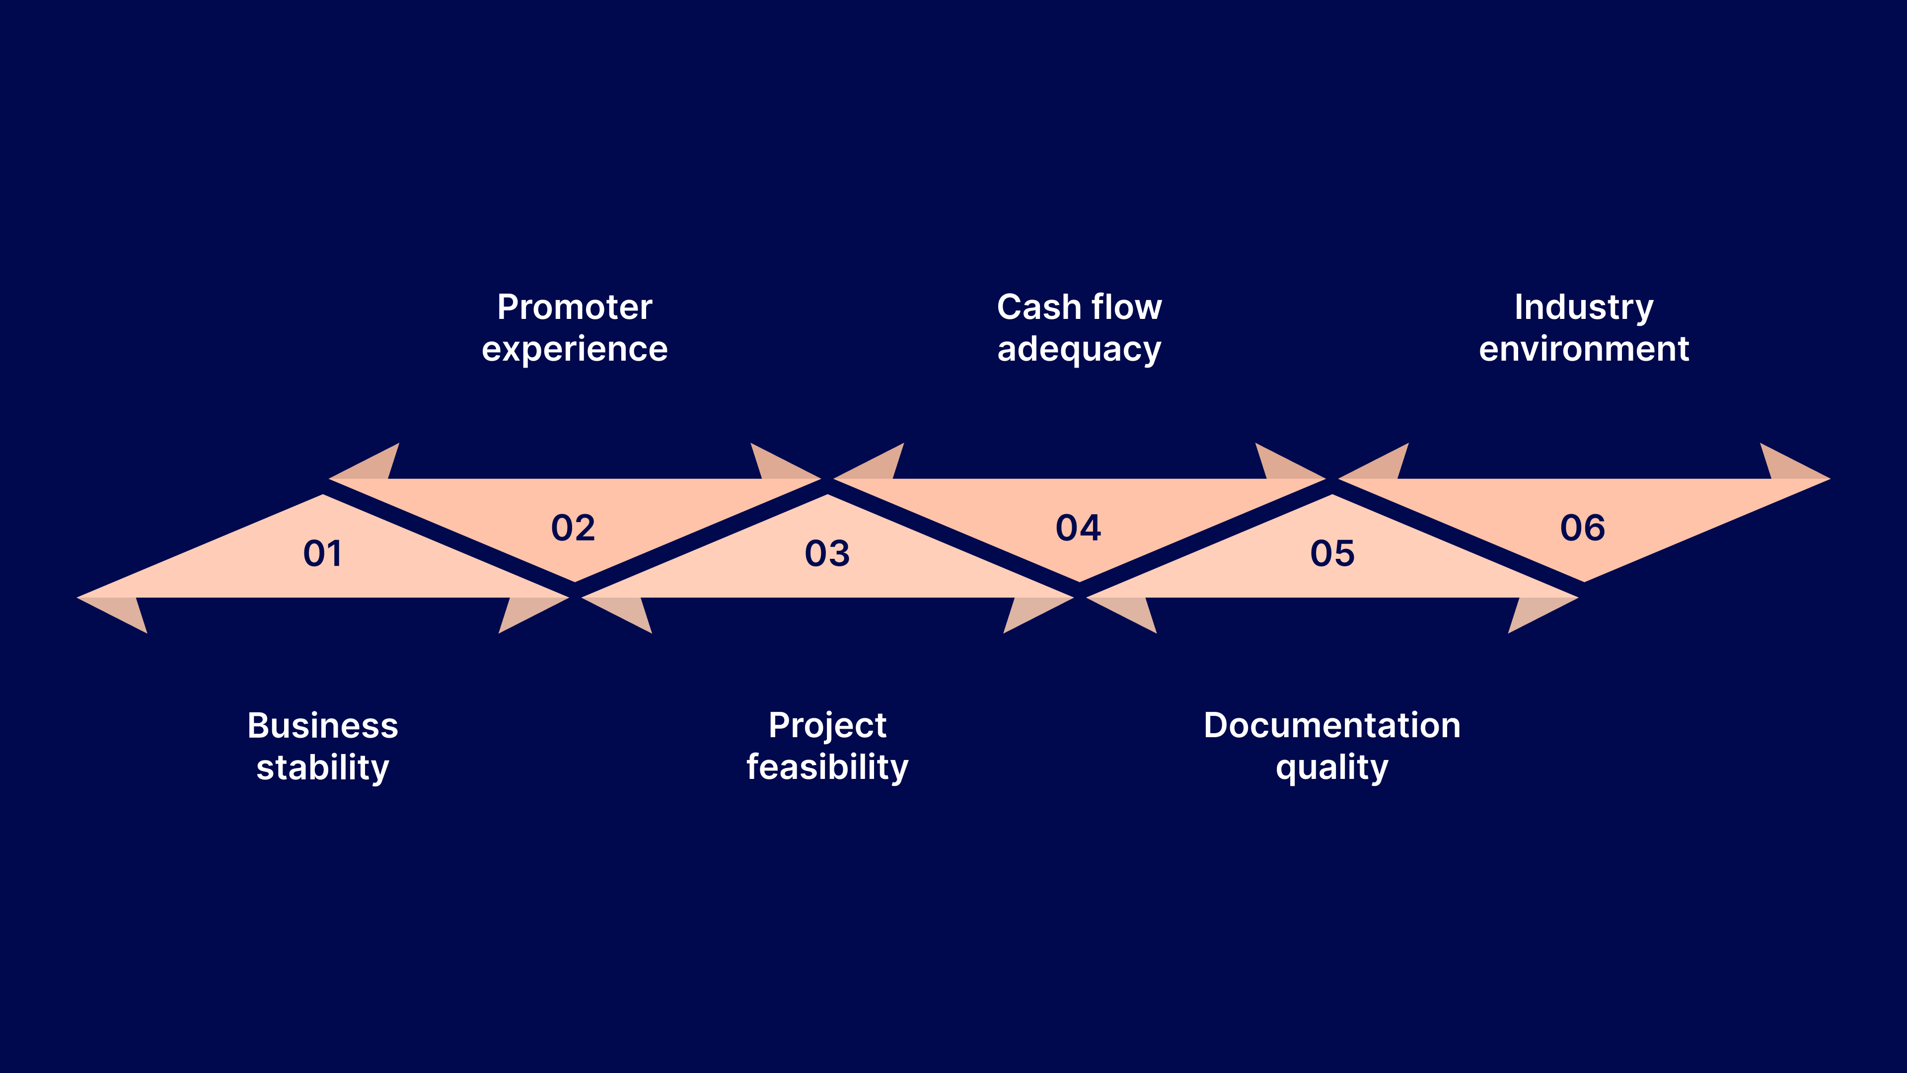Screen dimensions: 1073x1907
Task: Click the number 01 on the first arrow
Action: [x=323, y=553]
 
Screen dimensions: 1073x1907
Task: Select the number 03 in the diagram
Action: [x=827, y=553]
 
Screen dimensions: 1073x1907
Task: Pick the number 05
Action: [x=1332, y=553]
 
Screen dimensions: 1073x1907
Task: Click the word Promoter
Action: [x=575, y=307]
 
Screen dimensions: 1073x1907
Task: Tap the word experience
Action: [x=575, y=349]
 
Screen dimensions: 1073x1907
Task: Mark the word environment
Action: [x=1584, y=349]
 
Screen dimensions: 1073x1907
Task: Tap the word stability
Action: [x=323, y=767]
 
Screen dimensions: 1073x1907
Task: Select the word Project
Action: [x=827, y=726]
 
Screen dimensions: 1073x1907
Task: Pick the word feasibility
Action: [x=827, y=767]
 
